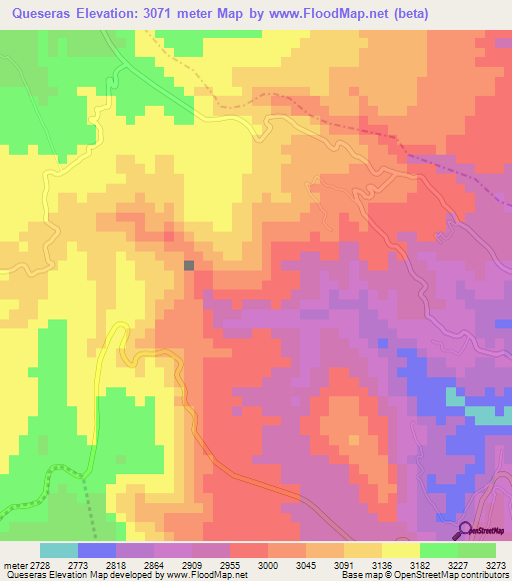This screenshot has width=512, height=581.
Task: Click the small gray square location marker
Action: click(x=189, y=265)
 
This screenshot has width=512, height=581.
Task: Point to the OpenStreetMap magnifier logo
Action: click(x=465, y=529)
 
